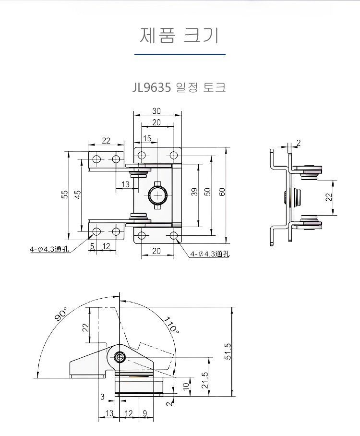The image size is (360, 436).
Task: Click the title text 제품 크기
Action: click(180, 36)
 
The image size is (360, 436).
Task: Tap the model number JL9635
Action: click(152, 87)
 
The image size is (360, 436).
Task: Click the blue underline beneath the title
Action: click(180, 54)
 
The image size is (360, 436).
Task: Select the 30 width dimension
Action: click(156, 111)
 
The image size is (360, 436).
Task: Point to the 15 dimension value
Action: click(147, 138)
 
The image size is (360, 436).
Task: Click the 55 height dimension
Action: click(64, 194)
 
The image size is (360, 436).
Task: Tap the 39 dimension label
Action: click(194, 192)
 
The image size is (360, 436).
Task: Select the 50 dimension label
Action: click(208, 192)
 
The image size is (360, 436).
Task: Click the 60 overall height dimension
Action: click(222, 192)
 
